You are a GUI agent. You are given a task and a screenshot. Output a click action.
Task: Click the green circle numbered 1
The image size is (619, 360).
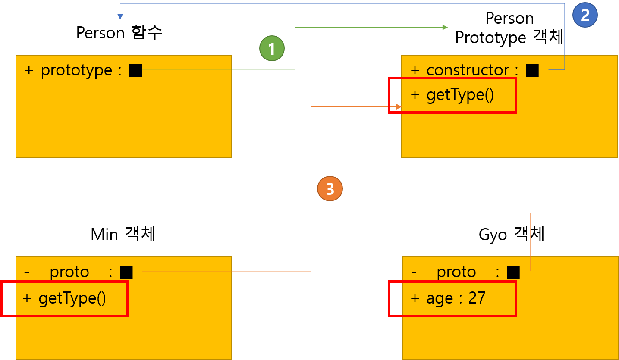pyautogui.click(x=272, y=48)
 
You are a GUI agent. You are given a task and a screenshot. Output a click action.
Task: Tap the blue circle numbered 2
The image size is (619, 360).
pyautogui.click(x=585, y=15)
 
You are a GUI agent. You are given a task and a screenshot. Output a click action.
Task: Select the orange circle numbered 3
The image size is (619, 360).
pyautogui.click(x=330, y=189)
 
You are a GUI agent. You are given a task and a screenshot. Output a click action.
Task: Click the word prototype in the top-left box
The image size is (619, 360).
pyautogui.click(x=76, y=70)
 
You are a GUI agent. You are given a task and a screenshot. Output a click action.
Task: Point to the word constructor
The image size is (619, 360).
pyautogui.click(x=468, y=70)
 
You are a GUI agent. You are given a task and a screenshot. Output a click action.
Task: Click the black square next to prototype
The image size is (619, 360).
pyautogui.click(x=135, y=70)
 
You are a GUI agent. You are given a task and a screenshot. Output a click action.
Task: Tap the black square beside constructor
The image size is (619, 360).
pyautogui.click(x=532, y=70)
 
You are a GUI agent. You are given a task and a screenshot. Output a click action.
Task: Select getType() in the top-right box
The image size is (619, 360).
pyautogui.click(x=460, y=95)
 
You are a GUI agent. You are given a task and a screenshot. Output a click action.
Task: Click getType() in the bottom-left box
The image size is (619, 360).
pyautogui.click(x=72, y=298)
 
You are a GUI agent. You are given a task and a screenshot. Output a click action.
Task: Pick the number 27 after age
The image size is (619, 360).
pyautogui.click(x=477, y=298)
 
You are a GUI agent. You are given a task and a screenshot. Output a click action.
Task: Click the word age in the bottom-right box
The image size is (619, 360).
pyautogui.click(x=440, y=298)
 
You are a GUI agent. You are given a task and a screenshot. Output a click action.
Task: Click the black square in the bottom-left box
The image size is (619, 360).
pyautogui.click(x=126, y=272)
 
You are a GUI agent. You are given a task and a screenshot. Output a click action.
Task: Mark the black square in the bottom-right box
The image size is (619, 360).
pyautogui.click(x=513, y=272)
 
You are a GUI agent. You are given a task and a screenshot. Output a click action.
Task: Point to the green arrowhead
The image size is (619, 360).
pyautogui.click(x=445, y=28)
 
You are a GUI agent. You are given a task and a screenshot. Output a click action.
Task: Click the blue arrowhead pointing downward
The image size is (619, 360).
pyautogui.click(x=120, y=17)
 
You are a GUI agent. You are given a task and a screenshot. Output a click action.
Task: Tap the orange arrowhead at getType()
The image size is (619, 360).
pyautogui.click(x=399, y=106)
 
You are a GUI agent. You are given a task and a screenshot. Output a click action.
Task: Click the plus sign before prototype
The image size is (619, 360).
pyautogui.click(x=29, y=70)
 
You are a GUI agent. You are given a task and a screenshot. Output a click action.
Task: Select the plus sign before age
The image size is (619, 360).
pyautogui.click(x=415, y=298)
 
